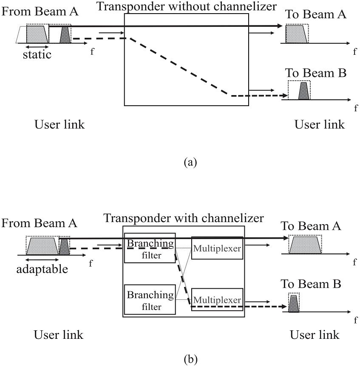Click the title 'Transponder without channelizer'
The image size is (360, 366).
[187, 6]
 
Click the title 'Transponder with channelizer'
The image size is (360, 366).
[184, 218]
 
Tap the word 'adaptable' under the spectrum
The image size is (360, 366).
[42, 269]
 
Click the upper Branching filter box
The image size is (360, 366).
[149, 248]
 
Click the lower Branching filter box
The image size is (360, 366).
[149, 300]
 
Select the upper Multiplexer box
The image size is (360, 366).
[217, 248]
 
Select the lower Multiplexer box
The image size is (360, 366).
[217, 299]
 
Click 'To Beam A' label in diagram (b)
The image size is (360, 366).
[311, 226]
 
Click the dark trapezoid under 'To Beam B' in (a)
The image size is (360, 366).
[303, 91]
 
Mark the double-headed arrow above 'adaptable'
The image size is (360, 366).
[42, 259]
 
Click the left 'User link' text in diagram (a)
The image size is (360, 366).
[59, 124]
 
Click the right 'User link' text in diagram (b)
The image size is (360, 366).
[315, 335]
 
